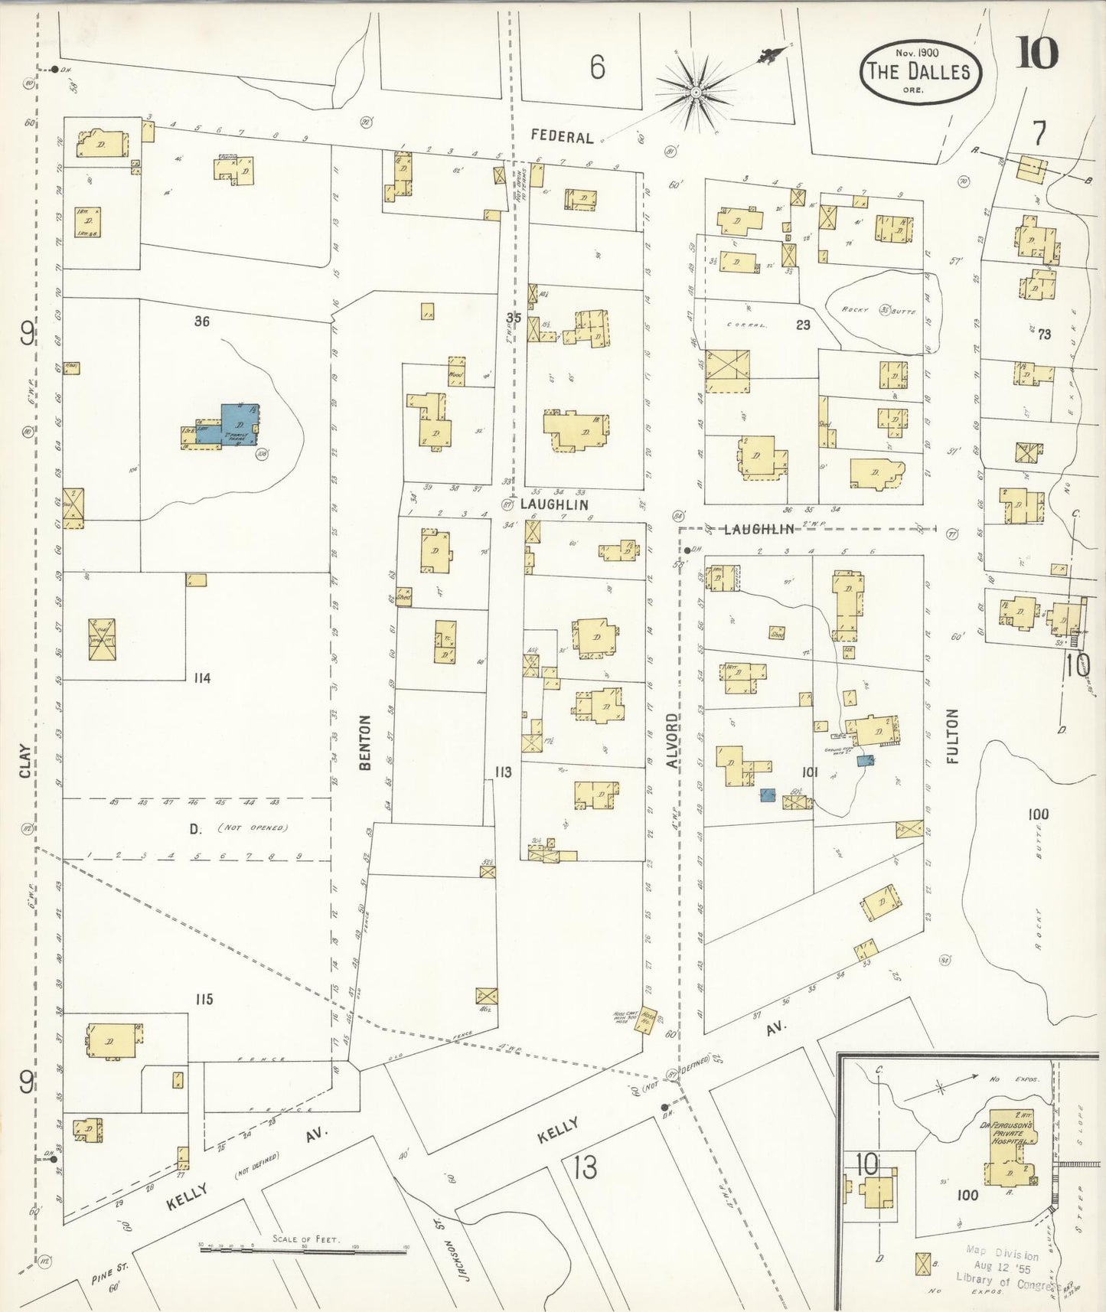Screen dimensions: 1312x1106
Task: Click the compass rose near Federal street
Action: (696, 93)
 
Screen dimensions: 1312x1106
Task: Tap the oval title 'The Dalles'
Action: (918, 72)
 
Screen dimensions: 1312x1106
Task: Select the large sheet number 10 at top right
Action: (1036, 52)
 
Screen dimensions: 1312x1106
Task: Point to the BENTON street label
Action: (365, 742)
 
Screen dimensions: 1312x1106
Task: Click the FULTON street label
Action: (951, 736)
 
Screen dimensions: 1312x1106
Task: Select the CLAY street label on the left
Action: (26, 761)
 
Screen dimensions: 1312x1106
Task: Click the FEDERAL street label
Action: (562, 137)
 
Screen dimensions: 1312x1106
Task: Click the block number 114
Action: (202, 678)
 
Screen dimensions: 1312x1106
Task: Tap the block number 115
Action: (203, 999)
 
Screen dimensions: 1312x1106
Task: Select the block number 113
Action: (502, 772)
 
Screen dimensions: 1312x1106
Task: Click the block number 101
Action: (810, 773)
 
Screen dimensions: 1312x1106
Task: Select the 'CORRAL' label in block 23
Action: (746, 325)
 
